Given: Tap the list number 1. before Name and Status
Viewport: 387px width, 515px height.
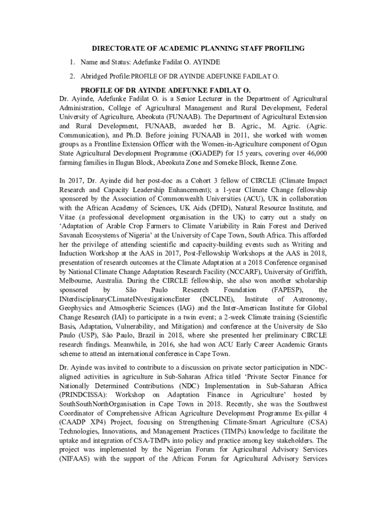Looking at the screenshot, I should coord(72,62).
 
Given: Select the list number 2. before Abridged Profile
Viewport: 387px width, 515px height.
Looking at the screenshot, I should coord(72,76).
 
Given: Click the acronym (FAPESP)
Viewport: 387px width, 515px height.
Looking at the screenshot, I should coord(285,290).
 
